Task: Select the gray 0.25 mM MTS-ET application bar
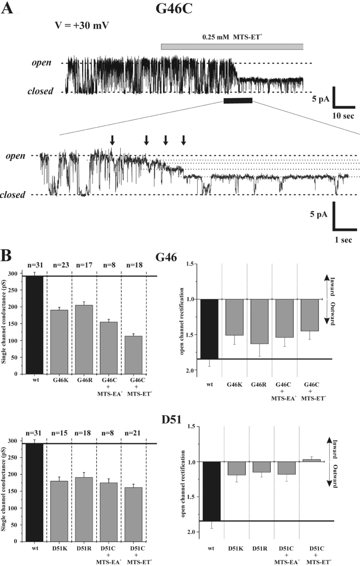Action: pyautogui.click(x=232, y=46)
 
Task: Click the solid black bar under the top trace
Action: pyautogui.click(x=238, y=100)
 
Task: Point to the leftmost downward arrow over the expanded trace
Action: pyautogui.click(x=112, y=140)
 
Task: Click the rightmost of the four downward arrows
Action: pyautogui.click(x=184, y=140)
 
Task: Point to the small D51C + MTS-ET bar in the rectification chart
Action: pyautogui.click(x=310, y=460)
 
